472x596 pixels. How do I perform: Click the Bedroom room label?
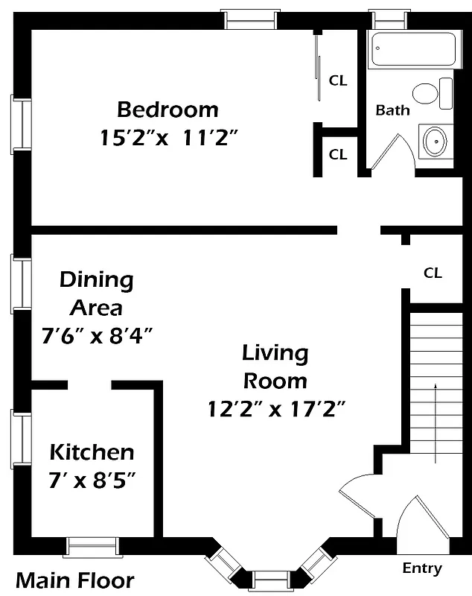pyautogui.click(x=168, y=110)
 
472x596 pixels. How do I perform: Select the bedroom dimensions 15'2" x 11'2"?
pyautogui.click(x=168, y=138)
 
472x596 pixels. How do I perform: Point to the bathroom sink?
pyautogui.click(x=434, y=141)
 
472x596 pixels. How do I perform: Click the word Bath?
pyautogui.click(x=392, y=110)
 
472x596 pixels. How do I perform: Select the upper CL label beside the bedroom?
pyautogui.click(x=338, y=80)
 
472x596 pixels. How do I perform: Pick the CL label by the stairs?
pyautogui.click(x=433, y=273)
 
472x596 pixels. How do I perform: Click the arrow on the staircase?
pyautogui.click(x=436, y=417)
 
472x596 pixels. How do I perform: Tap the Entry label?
pyautogui.click(x=422, y=568)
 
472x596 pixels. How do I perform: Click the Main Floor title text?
pyautogui.click(x=75, y=580)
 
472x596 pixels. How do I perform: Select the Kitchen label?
pyautogui.click(x=92, y=451)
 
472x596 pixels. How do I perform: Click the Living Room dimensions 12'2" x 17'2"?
pyautogui.click(x=275, y=409)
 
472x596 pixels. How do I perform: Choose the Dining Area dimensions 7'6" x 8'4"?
pyautogui.click(x=97, y=335)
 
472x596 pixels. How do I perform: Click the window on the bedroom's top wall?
pyautogui.click(x=252, y=19)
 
